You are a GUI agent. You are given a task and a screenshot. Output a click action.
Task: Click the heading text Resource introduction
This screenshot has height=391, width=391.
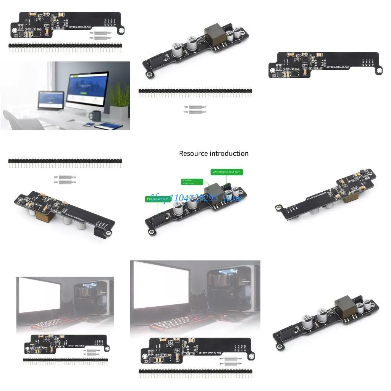pyautogui.click(x=214, y=153)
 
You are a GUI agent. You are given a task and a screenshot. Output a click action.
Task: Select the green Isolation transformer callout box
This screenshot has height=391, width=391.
pyautogui.click(x=191, y=181)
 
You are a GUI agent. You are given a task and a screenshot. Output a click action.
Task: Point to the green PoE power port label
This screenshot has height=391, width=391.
pyautogui.click(x=157, y=199)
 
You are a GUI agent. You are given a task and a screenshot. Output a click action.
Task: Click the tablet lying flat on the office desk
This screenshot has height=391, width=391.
pyautogui.click(x=108, y=126)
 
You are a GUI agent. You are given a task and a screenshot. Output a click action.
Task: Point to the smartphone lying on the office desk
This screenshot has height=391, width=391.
pyautogui.click(x=87, y=124)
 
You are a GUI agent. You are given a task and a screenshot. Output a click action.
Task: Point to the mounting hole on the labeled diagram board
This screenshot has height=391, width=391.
pyautogui.click(x=152, y=232)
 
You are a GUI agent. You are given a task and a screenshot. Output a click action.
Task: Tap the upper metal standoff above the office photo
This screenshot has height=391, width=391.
pyautogui.click(x=100, y=34)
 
